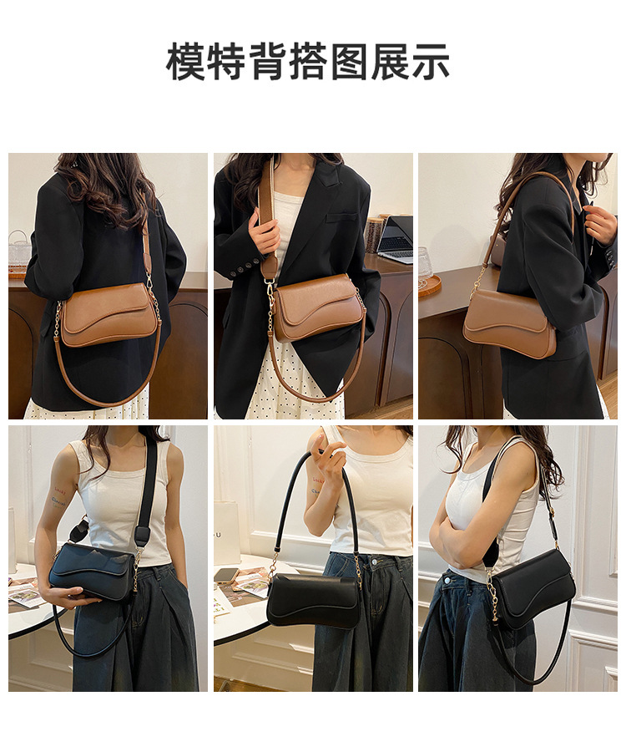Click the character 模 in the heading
[186, 62]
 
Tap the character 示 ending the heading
[430, 62]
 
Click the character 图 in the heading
[349, 62]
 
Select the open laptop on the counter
[396, 239]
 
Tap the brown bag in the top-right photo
[511, 323]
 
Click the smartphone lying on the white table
[225, 575]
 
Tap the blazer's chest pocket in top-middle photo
[341, 216]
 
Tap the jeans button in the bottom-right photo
[447, 580]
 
